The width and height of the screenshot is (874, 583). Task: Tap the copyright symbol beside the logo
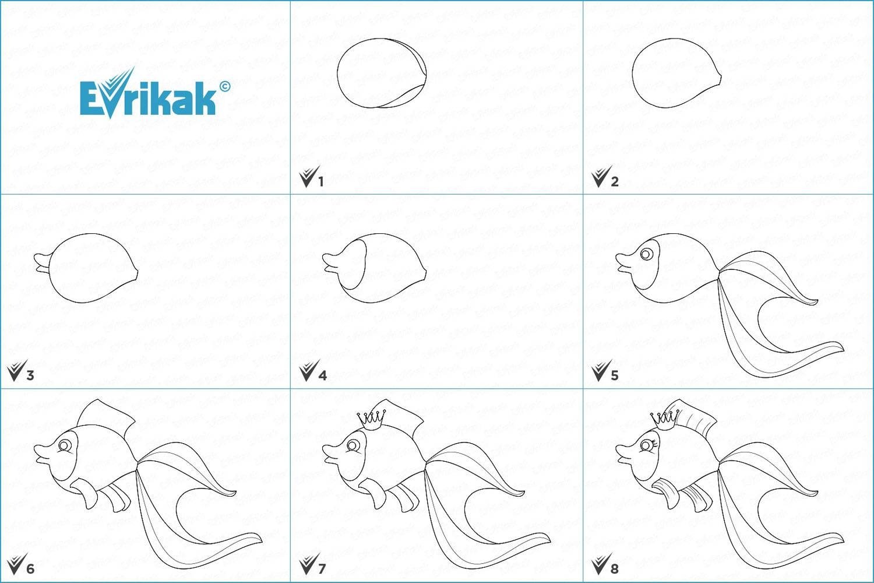point(225,86)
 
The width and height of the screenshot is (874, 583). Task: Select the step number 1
point(321,181)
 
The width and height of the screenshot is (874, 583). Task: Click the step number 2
point(615,181)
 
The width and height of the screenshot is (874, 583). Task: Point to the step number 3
point(30,375)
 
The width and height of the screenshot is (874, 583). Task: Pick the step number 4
point(323,375)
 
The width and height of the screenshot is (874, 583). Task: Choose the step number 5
point(615,375)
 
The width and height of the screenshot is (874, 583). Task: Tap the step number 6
point(30,569)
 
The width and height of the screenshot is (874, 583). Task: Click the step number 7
point(322,569)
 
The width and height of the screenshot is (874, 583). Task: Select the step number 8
point(615,569)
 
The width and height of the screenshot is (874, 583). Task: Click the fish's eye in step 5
point(647,254)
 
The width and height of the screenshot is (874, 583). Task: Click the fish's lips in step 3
point(42,263)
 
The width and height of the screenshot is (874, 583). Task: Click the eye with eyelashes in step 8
point(649,445)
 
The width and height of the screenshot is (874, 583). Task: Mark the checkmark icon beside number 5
point(601,370)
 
